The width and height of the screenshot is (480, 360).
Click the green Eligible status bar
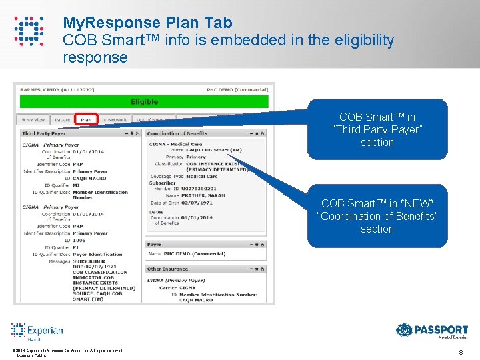[x=144, y=102]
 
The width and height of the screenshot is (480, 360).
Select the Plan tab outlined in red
[x=86, y=120]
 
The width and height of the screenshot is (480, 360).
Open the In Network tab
[x=114, y=120]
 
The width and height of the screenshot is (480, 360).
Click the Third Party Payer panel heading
[x=44, y=133]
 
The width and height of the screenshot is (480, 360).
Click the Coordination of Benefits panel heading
[x=177, y=133]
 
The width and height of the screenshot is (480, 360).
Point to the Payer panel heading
[x=155, y=245]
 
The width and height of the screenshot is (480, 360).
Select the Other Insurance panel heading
[x=165, y=269]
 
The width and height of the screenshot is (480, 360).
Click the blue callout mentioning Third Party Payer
[x=377, y=129]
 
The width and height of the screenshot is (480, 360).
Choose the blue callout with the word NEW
[x=377, y=216]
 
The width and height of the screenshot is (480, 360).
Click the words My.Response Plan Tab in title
[x=147, y=23]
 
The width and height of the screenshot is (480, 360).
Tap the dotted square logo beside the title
[x=29, y=31]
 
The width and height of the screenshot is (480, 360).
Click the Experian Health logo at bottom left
[x=37, y=331]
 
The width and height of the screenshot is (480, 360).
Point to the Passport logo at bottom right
[x=432, y=331]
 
